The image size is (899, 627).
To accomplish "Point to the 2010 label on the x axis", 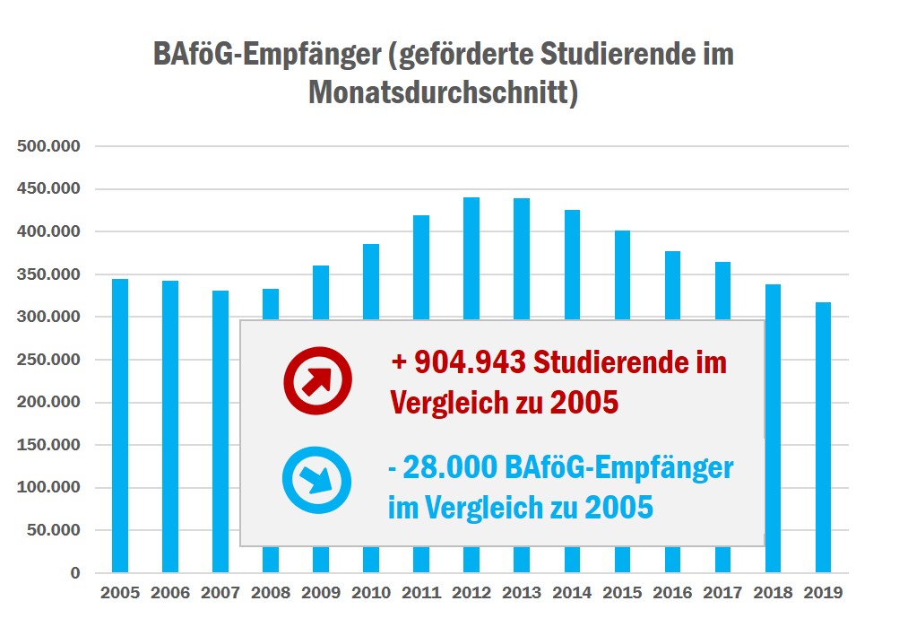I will pos(371,593).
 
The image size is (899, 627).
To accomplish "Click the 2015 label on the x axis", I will pos(622,593).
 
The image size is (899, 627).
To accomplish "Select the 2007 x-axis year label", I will pos(220,593).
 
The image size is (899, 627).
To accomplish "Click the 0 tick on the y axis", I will pos(74,573).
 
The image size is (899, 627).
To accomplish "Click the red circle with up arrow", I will pos(316,380).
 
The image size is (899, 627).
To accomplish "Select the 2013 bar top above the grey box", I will pos(522,260).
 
